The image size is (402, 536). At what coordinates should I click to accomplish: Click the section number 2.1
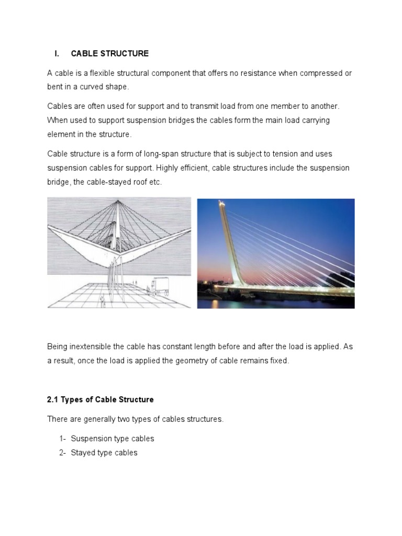pos(53,399)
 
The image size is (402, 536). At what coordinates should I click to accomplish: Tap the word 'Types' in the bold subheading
pos(73,399)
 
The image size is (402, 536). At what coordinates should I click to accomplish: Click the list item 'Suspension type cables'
pos(113,439)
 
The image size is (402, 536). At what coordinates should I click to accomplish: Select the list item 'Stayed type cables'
pos(104,452)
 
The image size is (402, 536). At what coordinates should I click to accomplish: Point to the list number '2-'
pos(63,452)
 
